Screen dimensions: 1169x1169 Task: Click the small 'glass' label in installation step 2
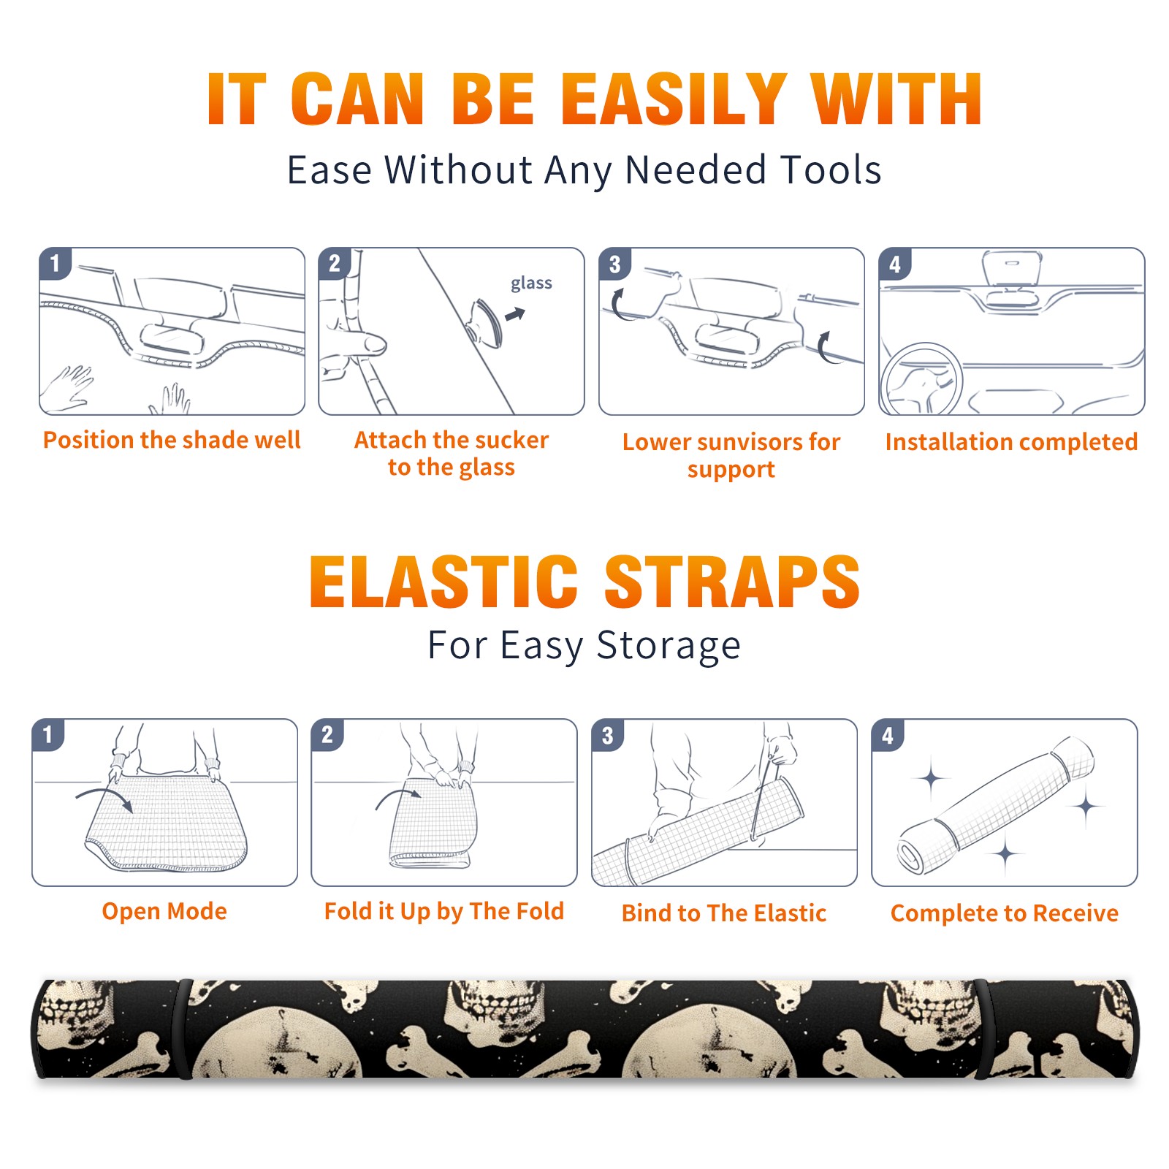click(x=531, y=283)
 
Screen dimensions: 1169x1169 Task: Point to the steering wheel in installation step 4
click(x=921, y=380)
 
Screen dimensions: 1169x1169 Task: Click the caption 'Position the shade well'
click(x=172, y=440)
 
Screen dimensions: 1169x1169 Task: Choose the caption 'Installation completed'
click(x=1011, y=442)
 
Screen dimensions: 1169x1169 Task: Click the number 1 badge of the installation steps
click(x=55, y=263)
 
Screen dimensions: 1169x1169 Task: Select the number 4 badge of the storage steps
click(x=888, y=735)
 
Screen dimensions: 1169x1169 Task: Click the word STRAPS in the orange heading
click(x=732, y=582)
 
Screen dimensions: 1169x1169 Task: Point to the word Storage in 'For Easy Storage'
click(x=669, y=646)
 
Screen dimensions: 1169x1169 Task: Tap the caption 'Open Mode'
click(x=164, y=911)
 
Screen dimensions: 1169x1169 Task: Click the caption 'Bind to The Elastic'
click(x=724, y=913)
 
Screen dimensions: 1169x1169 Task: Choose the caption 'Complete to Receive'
click(x=1005, y=913)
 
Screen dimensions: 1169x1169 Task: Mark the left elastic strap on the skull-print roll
click(x=183, y=1029)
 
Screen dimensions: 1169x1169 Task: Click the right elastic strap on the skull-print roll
click(x=981, y=1029)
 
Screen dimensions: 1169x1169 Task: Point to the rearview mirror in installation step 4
click(x=1012, y=268)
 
